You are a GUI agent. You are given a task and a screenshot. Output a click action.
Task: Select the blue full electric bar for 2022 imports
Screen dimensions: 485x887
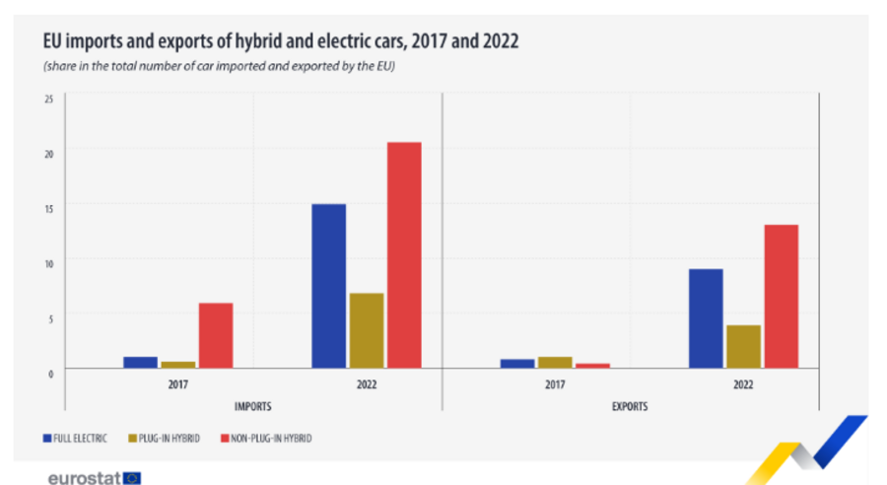click(328, 286)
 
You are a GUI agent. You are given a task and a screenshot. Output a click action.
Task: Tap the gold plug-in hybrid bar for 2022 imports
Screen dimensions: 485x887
click(367, 330)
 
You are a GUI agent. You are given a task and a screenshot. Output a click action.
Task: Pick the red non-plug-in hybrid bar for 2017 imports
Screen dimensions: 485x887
click(216, 335)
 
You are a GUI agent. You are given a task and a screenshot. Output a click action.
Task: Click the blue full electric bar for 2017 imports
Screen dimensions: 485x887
click(140, 362)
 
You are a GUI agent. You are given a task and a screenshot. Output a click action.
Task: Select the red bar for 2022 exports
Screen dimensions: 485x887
click(782, 296)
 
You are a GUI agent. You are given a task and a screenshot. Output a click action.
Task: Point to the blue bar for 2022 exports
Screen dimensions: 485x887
click(706, 318)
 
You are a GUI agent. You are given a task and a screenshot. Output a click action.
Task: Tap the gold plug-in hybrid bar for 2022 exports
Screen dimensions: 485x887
click(744, 346)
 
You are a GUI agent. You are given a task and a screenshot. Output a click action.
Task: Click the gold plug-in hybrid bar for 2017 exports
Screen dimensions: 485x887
click(555, 362)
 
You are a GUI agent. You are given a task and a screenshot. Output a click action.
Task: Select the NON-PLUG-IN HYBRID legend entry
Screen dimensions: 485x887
click(264, 437)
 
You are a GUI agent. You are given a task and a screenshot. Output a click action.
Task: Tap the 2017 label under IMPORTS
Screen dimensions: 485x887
click(177, 385)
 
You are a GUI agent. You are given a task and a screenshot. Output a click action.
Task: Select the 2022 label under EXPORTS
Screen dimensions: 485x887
click(743, 385)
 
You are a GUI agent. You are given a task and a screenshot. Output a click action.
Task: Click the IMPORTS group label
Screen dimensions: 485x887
click(253, 405)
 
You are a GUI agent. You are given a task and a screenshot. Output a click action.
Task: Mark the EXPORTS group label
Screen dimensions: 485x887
click(630, 405)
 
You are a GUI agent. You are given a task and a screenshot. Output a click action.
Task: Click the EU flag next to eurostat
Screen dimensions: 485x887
click(132, 477)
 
